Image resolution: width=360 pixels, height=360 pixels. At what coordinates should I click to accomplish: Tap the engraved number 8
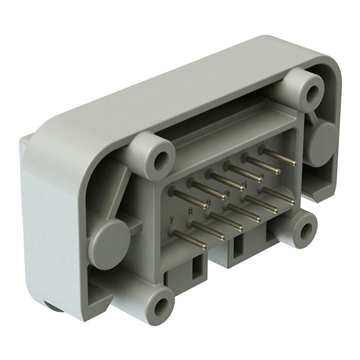pos(190,211)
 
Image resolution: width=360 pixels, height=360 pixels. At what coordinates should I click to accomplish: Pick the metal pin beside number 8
pos(208,231)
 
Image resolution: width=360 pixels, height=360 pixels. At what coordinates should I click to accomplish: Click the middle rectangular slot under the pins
pos(239,248)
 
